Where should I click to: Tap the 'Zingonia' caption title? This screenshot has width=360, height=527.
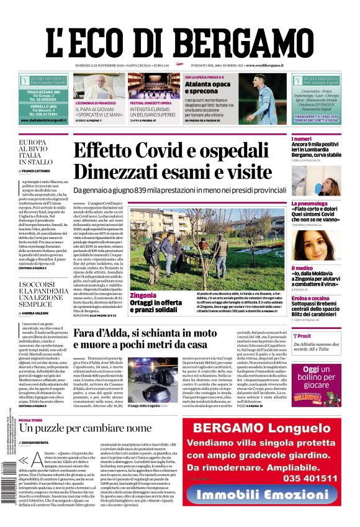coord(143,295)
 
